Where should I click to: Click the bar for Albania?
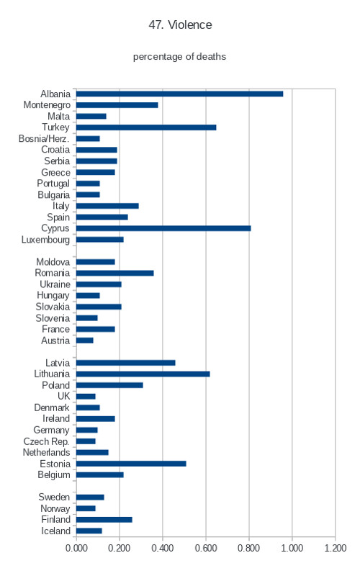[179, 94]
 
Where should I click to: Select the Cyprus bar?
[163, 228]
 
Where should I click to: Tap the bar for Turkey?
[146, 127]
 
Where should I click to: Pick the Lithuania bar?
[143, 374]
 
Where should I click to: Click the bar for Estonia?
[131, 464]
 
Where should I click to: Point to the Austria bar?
[85, 341]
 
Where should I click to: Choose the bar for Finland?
[104, 520]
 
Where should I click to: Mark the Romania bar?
[115, 274]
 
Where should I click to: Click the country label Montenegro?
[47, 105]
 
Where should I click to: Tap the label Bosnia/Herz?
[44, 138]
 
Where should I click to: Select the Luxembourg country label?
[45, 240]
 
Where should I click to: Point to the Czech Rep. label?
[46, 441]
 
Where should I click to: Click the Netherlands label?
[46, 453]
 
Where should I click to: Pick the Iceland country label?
[55, 531]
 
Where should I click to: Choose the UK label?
[63, 397]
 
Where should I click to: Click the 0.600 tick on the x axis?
[206, 548]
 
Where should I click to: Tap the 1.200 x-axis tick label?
[335, 548]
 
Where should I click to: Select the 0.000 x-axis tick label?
[76, 548]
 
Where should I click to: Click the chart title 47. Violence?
[181, 25]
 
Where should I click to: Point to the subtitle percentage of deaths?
[179, 57]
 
